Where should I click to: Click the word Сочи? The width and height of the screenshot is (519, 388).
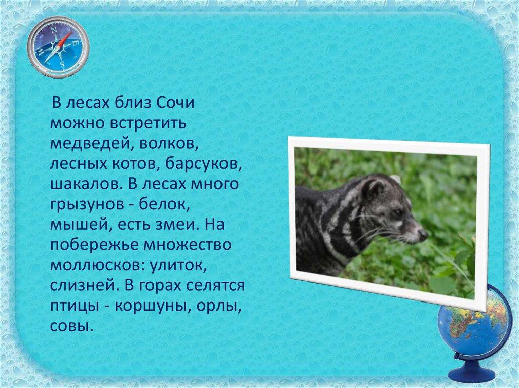tap(175, 103)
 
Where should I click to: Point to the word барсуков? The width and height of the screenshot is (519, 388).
tap(203, 164)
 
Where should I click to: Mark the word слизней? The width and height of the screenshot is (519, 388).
tap(84, 285)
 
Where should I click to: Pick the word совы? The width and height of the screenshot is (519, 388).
tap(70, 326)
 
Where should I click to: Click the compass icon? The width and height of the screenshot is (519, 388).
tap(58, 47)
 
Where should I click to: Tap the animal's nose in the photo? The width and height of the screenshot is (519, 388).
tap(423, 235)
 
